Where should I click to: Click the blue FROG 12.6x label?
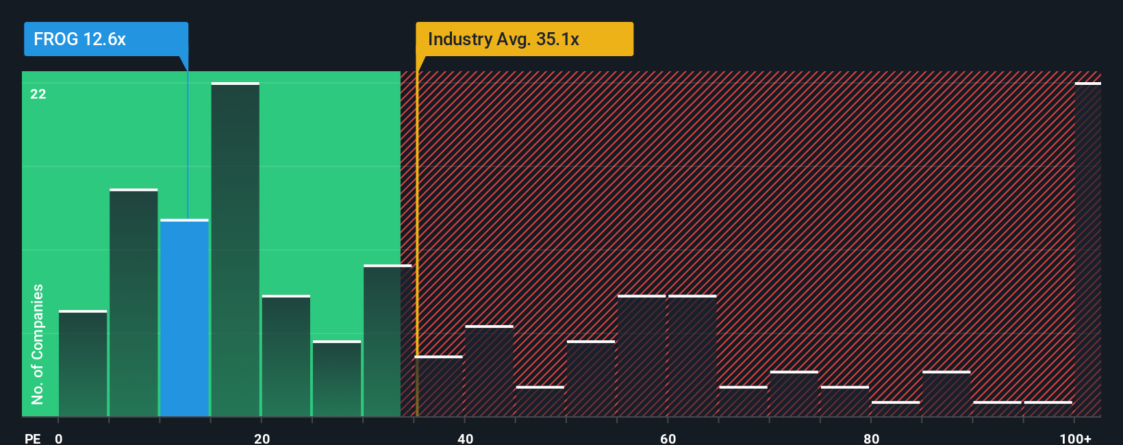(x=105, y=39)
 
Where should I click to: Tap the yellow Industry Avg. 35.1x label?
(x=524, y=39)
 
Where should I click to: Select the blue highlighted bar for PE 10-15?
(x=184, y=318)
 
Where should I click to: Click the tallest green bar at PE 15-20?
(x=235, y=249)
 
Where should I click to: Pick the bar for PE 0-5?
(x=83, y=364)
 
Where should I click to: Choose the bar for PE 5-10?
(x=134, y=303)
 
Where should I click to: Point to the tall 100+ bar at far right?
(x=1087, y=249)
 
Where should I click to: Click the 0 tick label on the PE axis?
(x=59, y=438)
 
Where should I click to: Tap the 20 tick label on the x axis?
(x=262, y=438)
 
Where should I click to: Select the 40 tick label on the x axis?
(x=465, y=438)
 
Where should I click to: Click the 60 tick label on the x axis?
(x=668, y=438)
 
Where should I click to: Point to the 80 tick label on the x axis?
(x=871, y=438)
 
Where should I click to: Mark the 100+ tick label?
(x=1075, y=438)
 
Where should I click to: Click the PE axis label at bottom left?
(x=32, y=438)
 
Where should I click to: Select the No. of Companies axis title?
(x=38, y=344)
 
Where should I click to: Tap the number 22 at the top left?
(x=38, y=94)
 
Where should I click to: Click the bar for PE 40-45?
(x=489, y=371)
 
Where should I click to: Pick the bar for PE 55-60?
(x=642, y=356)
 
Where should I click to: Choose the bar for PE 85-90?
(x=946, y=394)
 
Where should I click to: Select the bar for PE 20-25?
(x=286, y=356)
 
